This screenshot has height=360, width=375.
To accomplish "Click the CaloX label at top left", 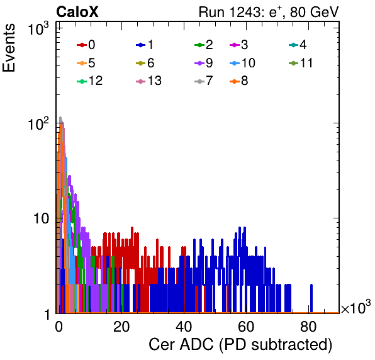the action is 77,11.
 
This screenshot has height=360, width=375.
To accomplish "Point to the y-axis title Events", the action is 9,48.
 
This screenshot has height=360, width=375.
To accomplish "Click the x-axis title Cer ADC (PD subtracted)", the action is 240,345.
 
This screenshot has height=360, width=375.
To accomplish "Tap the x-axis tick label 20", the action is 121,327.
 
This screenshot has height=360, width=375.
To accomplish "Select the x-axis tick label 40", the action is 184,327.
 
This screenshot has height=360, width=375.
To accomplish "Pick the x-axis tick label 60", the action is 246,327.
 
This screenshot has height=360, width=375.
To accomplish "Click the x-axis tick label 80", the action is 308,327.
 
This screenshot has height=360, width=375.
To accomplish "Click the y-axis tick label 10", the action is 41,218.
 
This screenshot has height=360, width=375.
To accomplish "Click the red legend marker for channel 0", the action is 82,45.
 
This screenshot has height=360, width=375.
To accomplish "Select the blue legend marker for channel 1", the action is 141,45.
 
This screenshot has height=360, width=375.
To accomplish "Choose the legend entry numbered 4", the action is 298,45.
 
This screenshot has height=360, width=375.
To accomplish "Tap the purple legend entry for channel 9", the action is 204,63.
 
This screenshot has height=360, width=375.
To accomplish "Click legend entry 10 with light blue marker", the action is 242,63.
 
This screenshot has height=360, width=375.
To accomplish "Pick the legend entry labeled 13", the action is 148,81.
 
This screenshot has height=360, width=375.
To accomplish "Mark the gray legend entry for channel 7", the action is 204,81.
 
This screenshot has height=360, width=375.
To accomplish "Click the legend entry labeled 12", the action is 90,81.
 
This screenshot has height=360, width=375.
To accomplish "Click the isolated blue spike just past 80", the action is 311,298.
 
